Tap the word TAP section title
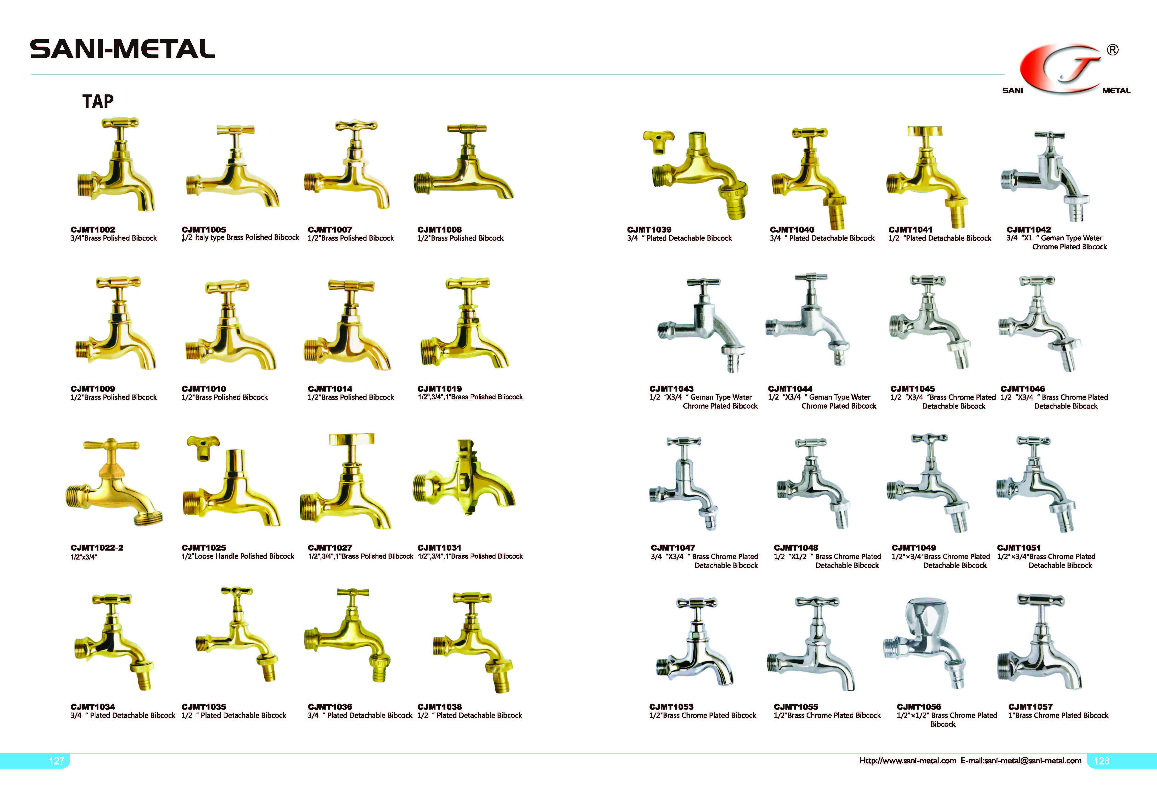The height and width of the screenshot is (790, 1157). [x=98, y=102]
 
